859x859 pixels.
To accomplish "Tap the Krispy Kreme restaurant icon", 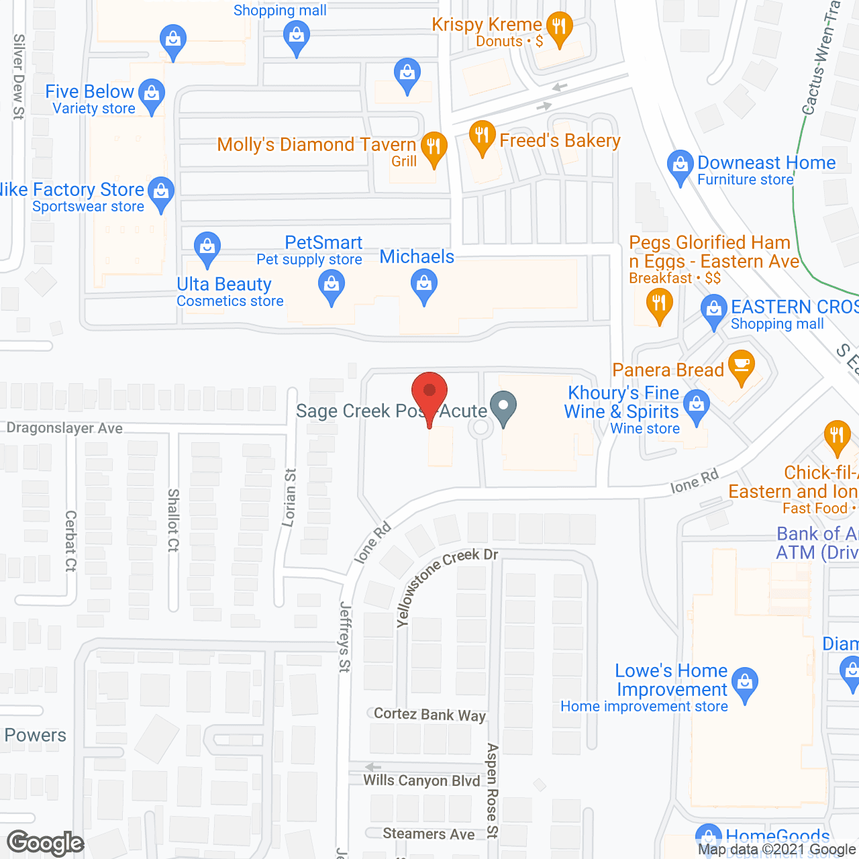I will tap(558, 28).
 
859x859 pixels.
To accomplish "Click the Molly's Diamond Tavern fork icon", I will tap(434, 147).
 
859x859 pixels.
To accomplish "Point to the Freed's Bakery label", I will tap(560, 141).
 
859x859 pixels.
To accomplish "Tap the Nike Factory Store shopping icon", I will tap(161, 193).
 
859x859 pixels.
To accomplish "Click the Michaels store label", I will tap(417, 257).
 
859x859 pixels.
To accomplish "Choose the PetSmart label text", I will tap(323, 242).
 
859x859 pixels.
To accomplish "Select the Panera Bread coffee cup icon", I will tap(741, 366).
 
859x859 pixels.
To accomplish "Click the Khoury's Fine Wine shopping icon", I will tap(697, 405).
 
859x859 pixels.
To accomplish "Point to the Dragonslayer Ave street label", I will tap(64, 428).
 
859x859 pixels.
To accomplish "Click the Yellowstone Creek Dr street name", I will tap(446, 586).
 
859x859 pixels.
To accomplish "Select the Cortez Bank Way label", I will tap(429, 714).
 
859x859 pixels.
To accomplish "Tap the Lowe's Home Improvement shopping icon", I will tap(744, 683).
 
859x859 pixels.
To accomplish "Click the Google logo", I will tap(45, 843).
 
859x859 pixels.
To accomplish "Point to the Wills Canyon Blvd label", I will tap(421, 780).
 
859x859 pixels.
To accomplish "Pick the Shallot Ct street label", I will tap(173, 520).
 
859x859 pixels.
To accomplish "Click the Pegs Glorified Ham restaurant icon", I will tap(659, 305).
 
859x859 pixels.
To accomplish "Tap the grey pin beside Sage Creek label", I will tap(503, 407).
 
